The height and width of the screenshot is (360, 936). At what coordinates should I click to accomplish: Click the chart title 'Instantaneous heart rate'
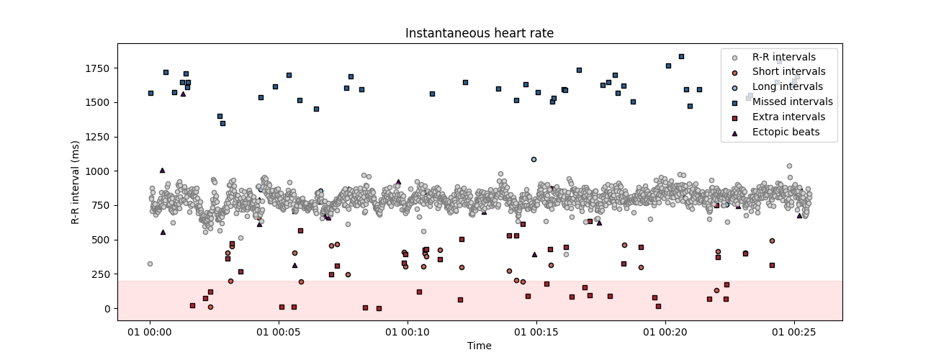[x=480, y=33]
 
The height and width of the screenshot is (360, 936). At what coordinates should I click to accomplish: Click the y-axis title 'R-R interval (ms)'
[x=75, y=182]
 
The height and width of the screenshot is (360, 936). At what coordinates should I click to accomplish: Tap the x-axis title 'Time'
[x=480, y=346]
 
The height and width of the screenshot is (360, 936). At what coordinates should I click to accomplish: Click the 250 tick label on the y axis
[x=102, y=274]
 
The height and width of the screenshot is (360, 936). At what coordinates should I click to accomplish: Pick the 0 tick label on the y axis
[x=107, y=308]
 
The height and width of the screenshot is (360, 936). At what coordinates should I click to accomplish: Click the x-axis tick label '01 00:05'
[x=279, y=333]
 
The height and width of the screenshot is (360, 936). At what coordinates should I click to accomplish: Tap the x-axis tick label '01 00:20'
[x=665, y=333]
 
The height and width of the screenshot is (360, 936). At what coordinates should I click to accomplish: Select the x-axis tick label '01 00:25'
[x=794, y=333]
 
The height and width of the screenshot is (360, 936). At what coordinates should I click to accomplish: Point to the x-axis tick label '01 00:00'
[x=150, y=333]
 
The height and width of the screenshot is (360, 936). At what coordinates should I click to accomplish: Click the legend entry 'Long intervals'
[x=787, y=86]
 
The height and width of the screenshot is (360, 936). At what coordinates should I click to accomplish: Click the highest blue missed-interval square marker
[x=681, y=56]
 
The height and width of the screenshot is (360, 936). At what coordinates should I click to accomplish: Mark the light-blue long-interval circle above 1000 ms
[x=534, y=159]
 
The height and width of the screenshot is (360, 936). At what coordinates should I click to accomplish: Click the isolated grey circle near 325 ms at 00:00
[x=150, y=264]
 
